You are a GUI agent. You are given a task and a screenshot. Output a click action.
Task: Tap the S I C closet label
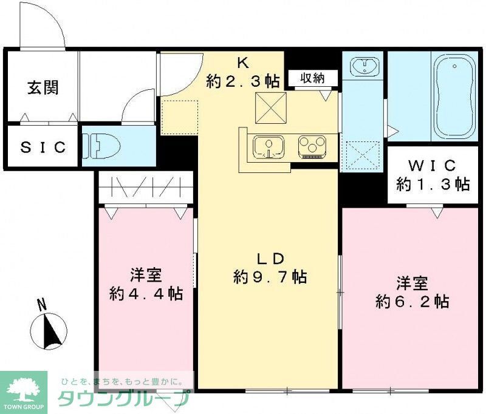[x=43, y=147]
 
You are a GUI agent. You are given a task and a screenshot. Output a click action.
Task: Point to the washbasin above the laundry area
[x=364, y=65]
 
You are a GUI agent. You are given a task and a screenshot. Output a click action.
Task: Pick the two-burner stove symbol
[x=312, y=147]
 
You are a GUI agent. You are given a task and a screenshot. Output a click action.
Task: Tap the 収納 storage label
[x=310, y=78]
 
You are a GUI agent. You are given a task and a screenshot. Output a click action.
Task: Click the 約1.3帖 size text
[x=433, y=184]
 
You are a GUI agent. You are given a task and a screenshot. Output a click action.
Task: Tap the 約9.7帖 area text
[x=270, y=277]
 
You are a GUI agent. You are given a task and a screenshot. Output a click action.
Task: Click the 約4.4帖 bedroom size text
[x=146, y=294]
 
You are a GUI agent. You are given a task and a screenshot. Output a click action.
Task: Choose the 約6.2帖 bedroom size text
[x=412, y=301]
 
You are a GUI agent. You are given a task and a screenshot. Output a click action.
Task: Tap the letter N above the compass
[x=41, y=305]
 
